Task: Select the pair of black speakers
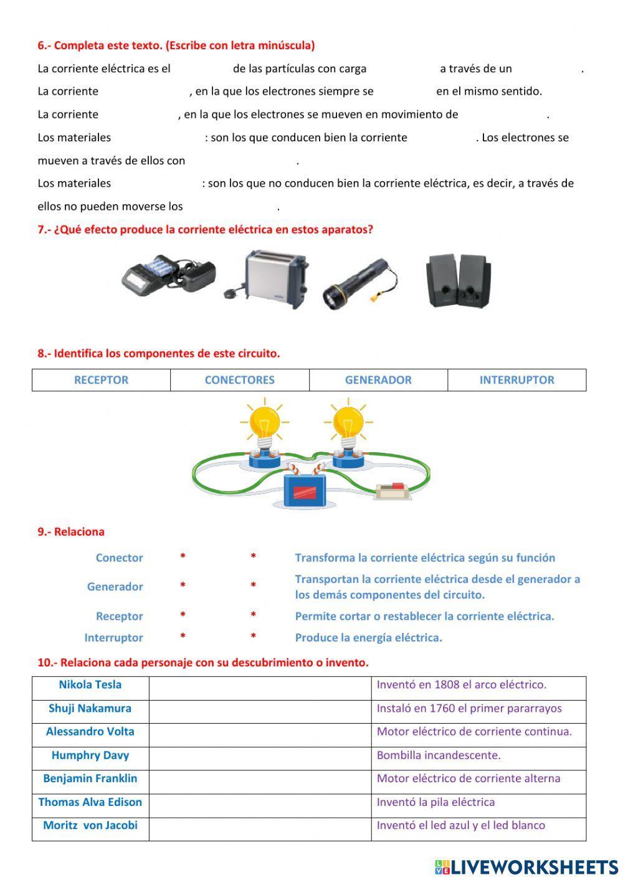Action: [x=457, y=281]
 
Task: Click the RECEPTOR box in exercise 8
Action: [x=101, y=380]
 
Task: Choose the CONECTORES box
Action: [x=240, y=380]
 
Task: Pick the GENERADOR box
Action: [x=378, y=380]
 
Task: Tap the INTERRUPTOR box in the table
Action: [x=516, y=380]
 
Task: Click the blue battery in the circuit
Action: [x=305, y=490]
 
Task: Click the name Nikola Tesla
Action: [x=90, y=685]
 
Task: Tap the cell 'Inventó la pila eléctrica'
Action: [x=435, y=802]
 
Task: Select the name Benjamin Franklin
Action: [x=90, y=778]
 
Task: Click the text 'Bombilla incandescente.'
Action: [x=439, y=755]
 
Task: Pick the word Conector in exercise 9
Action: [x=119, y=558]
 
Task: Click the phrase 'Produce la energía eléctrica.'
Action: [x=368, y=638]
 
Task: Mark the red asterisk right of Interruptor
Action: [x=183, y=636]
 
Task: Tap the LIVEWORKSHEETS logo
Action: [x=526, y=867]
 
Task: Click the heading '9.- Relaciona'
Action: [x=71, y=532]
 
